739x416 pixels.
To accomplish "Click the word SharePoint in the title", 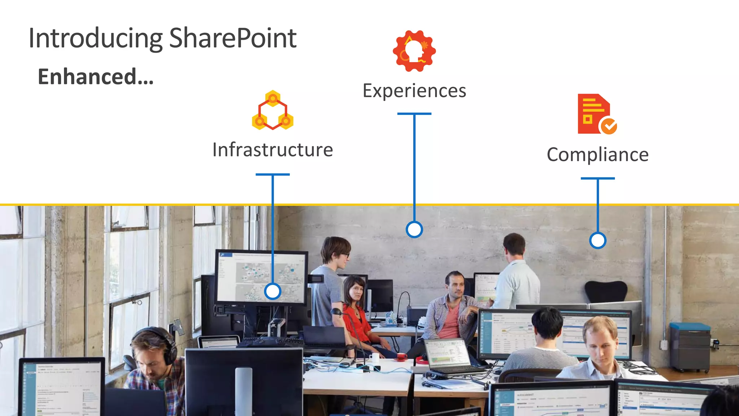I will coord(233,38).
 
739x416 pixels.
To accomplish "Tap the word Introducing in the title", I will coord(96,38).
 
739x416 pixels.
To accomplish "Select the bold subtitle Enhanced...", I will coord(96,77).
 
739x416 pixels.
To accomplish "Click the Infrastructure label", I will coord(272,150).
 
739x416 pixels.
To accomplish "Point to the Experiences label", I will coord(414,91).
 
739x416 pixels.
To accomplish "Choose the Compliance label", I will coord(598,155).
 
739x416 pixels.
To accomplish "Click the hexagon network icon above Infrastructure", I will coord(272,110).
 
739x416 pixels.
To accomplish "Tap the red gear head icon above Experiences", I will coord(414,51).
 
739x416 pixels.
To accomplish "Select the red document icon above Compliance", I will coord(594,114).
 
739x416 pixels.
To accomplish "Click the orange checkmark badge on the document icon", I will coord(609,126).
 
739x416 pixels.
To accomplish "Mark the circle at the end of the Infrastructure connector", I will coord(272,291).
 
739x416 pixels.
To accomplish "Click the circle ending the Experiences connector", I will coord(414,229).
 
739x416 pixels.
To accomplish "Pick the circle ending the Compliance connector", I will coord(598,240).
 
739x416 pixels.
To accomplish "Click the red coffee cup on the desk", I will coord(401,357).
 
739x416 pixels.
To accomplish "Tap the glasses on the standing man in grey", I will coord(345,255).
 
